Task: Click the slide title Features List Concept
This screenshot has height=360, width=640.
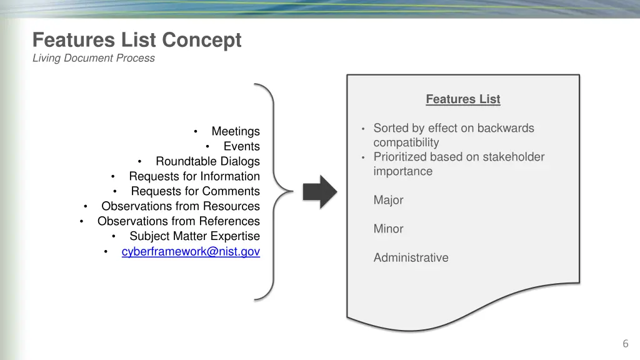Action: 137,40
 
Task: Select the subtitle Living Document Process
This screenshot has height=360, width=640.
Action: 94,58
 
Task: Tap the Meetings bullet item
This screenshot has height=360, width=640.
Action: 236,131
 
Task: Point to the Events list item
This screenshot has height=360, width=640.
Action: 242,146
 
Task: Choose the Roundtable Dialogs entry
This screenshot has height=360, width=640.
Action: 207,161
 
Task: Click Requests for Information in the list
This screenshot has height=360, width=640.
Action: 194,176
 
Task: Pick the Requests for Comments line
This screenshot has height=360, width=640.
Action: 195,191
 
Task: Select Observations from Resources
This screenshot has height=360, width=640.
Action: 181,206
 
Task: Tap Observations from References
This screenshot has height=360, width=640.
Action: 179,221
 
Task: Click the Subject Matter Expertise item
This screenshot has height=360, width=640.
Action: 194,236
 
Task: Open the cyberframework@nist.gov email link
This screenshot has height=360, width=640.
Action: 191,251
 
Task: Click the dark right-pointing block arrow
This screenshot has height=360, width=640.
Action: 320,191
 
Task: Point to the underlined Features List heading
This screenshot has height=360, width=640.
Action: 463,99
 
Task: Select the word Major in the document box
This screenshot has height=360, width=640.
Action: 388,200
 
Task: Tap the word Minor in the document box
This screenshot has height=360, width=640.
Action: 388,229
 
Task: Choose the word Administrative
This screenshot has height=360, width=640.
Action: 411,257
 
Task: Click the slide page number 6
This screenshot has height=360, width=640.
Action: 625,343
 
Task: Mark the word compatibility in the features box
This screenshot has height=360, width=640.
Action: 406,142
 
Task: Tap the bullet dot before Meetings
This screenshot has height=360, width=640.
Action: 196,131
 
